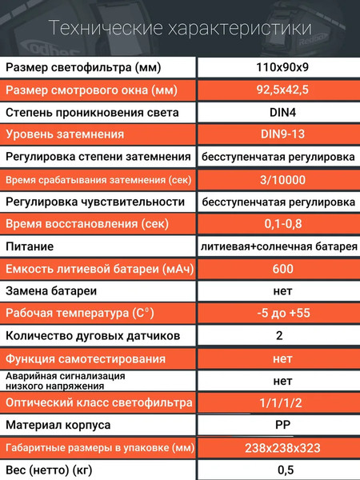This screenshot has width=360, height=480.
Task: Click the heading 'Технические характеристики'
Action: click(x=179, y=30)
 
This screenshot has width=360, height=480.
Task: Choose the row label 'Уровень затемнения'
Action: click(x=64, y=134)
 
